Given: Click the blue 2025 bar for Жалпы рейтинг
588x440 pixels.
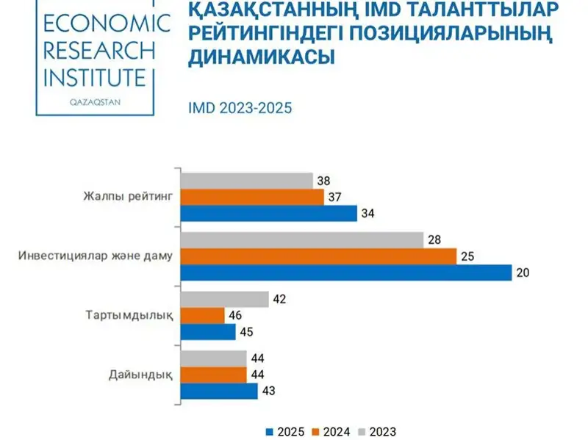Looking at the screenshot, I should pyautogui.click(x=268, y=214).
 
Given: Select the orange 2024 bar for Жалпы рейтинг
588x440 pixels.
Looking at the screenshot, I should pyautogui.click(x=252, y=197).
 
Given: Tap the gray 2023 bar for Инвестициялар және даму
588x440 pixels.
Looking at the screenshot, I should pyautogui.click(x=302, y=239).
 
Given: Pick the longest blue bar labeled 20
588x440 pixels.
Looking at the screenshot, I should pyautogui.click(x=345, y=273).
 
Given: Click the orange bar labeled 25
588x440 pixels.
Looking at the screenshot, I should pyautogui.click(x=318, y=256).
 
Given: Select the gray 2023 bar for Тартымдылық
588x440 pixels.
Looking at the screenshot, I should pyautogui.click(x=224, y=299).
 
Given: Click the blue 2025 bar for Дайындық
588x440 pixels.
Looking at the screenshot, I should pyautogui.click(x=219, y=391).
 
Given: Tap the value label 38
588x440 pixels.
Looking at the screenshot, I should pyautogui.click(x=322, y=180).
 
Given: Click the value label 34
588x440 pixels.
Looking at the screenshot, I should pyautogui.click(x=367, y=214).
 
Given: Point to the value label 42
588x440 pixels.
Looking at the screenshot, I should pyautogui.click(x=279, y=299).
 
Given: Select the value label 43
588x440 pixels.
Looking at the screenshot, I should pyautogui.click(x=268, y=391).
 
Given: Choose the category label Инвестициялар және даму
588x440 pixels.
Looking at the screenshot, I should pyautogui.click(x=95, y=256).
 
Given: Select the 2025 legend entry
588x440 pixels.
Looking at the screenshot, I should pyautogui.click(x=287, y=431).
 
